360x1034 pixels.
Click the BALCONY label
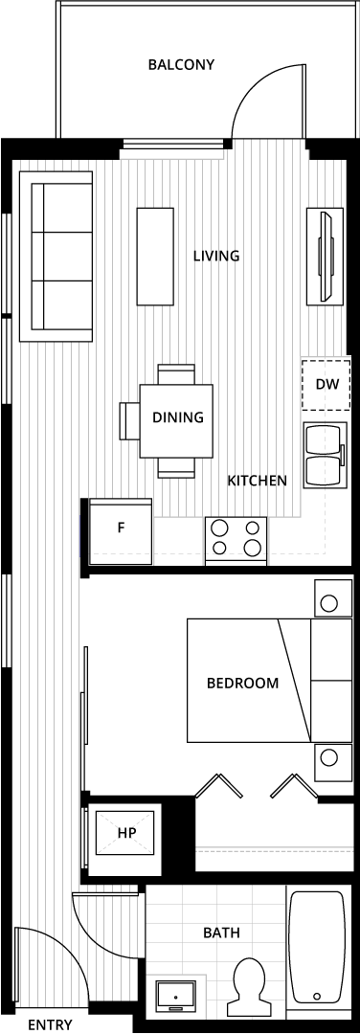click(x=181, y=65)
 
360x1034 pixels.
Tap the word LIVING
click(x=216, y=256)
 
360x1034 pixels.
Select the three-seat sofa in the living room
click(x=56, y=256)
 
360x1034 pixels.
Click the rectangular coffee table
click(x=155, y=257)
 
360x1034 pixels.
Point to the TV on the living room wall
click(x=325, y=256)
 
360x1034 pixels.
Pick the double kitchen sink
click(x=325, y=455)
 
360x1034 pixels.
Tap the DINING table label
click(x=177, y=417)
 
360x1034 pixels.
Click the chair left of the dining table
click(x=129, y=420)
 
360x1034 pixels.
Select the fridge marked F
click(x=121, y=530)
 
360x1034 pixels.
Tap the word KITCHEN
click(x=258, y=481)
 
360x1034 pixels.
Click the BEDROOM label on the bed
click(x=242, y=684)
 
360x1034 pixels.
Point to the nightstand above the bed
click(x=333, y=598)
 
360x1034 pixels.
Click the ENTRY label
click(x=50, y=1024)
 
